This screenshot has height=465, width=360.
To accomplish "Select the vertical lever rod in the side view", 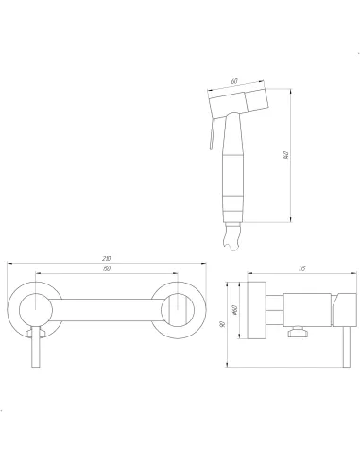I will click(343, 350).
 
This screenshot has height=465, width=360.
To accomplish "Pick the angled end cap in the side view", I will click(343, 308).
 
